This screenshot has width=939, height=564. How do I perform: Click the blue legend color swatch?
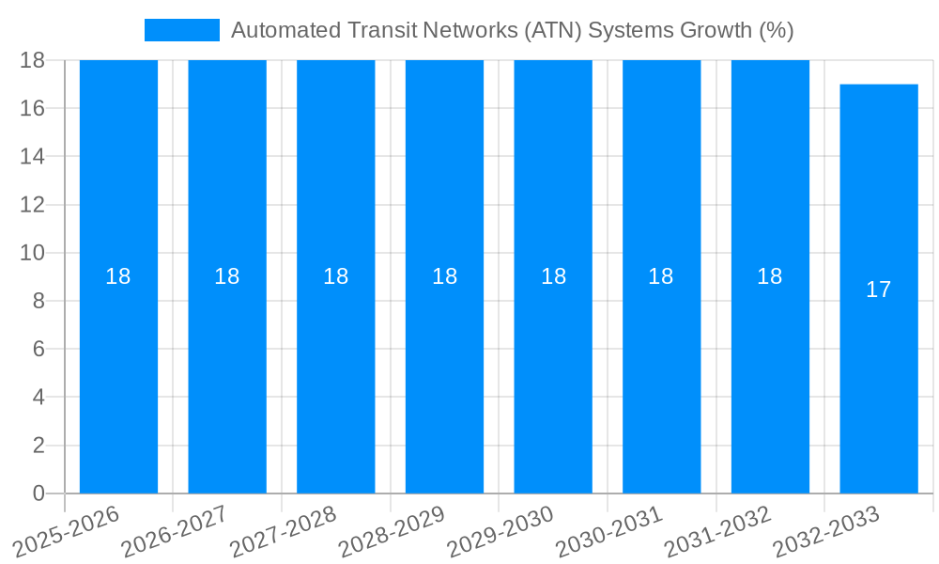point(181,30)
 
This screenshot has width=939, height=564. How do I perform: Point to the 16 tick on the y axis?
point(32,108)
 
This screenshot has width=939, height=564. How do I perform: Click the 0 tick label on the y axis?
point(38,493)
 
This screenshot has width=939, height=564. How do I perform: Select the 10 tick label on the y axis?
point(32,253)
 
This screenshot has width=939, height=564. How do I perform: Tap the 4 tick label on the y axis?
point(38,398)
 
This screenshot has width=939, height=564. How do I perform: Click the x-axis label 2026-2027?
point(168,532)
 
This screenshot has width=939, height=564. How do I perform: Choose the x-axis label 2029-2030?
point(495,532)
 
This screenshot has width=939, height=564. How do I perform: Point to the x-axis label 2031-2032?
point(712,532)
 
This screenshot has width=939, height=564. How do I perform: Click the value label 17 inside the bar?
point(878,290)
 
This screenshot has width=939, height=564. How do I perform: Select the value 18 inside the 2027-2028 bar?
point(335,276)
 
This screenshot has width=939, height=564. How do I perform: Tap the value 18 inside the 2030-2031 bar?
point(661,276)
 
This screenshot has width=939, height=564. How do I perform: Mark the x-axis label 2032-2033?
point(821,532)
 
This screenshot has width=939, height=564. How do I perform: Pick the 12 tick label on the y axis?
point(32,205)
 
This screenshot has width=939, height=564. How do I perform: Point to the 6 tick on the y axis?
point(38,349)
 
